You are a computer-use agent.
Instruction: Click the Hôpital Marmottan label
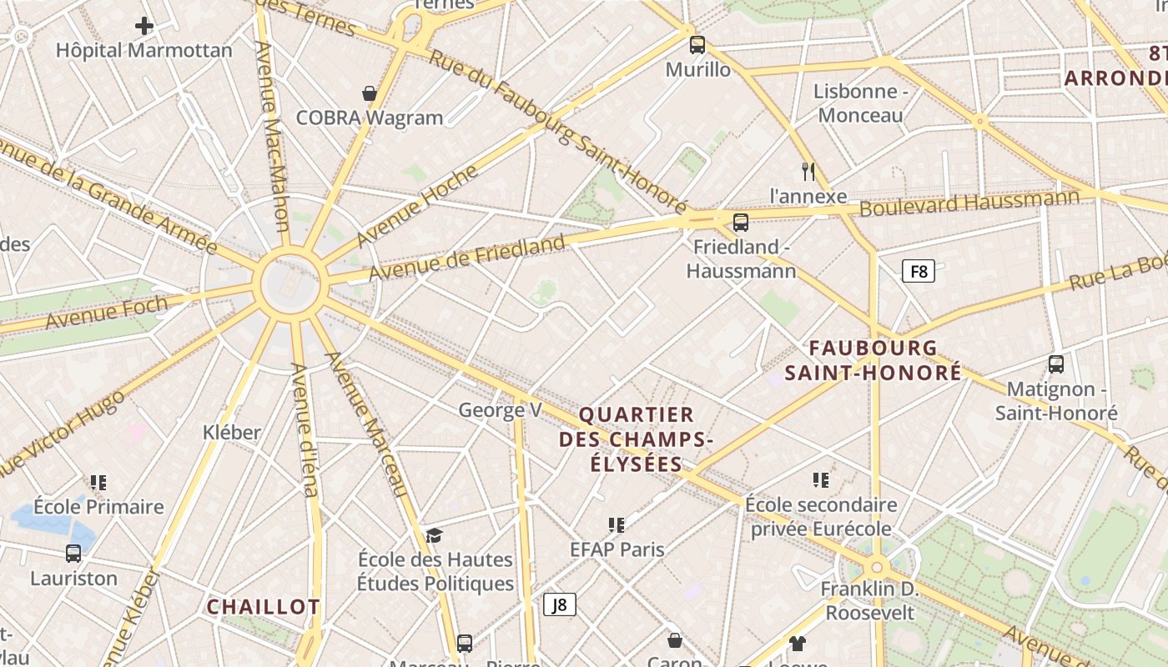click(144, 50)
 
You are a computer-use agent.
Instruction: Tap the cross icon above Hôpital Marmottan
click(144, 26)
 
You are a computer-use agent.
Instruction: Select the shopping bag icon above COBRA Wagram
click(370, 93)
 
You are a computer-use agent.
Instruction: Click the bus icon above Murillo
click(697, 45)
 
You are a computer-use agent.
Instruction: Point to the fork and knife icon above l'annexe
click(808, 172)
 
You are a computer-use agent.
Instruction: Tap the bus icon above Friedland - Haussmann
click(740, 223)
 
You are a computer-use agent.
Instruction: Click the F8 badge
click(918, 271)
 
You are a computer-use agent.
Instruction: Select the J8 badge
click(560, 604)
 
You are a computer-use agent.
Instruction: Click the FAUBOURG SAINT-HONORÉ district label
click(873, 360)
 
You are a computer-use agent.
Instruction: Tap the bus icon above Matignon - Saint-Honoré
click(1056, 364)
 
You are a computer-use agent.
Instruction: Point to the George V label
click(500, 409)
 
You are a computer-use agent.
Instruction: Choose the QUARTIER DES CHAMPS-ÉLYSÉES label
click(637, 439)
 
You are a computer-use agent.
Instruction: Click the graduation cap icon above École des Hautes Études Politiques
click(434, 535)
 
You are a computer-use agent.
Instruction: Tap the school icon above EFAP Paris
click(617, 524)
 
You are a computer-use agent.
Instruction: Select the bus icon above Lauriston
click(73, 554)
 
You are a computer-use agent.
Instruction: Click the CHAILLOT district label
click(263, 607)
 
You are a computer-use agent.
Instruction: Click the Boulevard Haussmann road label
click(969, 203)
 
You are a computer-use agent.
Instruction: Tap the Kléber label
click(232, 432)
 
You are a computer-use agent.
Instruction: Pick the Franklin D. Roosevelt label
click(869, 600)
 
